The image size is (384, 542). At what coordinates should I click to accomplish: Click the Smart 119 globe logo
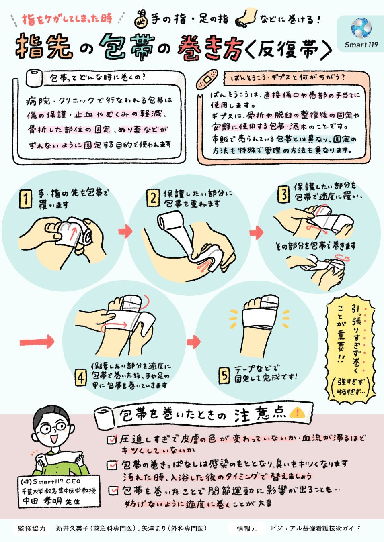tap(361, 28)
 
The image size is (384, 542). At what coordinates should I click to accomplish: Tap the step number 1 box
tap(25, 199)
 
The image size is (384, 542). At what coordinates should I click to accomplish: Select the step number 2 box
tap(153, 198)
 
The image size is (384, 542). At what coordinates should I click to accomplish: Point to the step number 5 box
tap(224, 375)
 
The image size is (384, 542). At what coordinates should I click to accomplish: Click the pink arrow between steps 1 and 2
tap(125, 231)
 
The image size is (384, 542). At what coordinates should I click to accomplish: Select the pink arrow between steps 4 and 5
tap(193, 342)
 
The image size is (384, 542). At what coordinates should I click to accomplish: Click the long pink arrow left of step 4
tap(37, 342)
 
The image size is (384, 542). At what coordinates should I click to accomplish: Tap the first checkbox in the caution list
tap(112, 439)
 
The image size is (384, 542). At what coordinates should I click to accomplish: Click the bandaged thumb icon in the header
tap(142, 19)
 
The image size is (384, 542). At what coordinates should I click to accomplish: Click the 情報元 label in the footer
tap(247, 528)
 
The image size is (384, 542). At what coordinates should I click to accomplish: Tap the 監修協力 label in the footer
tap(31, 528)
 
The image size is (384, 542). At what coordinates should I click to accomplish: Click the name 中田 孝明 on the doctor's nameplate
tap(42, 501)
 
